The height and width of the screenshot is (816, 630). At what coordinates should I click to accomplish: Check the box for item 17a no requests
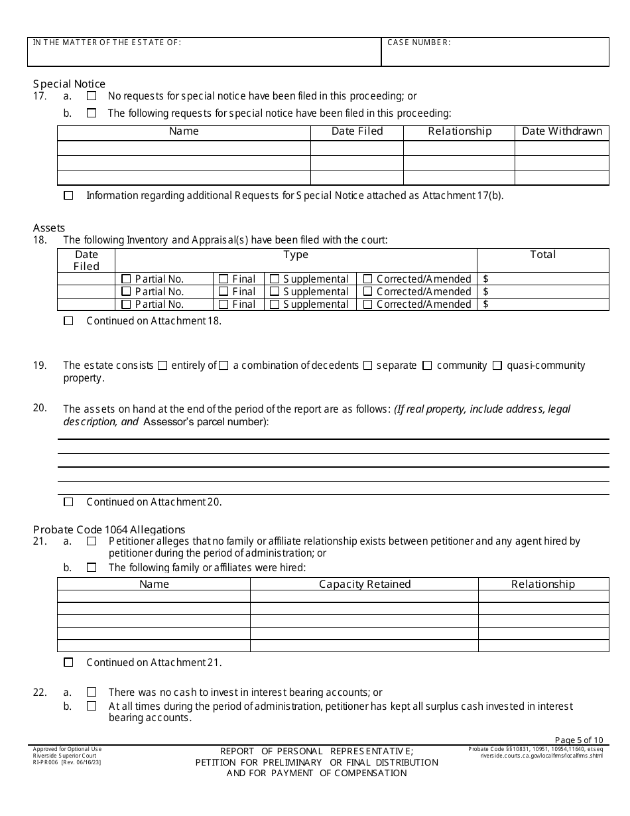92,96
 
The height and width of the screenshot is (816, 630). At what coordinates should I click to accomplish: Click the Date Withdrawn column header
562,131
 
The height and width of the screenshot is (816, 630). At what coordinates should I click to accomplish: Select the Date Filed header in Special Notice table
357,131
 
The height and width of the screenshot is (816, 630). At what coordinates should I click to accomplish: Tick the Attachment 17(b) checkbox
68,196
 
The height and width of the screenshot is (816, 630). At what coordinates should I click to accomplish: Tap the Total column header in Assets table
542,255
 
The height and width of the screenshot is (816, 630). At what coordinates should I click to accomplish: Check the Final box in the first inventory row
223,279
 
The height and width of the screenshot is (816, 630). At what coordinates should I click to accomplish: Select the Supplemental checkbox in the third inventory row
275,305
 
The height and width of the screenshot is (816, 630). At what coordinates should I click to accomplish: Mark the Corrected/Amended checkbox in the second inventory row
367,292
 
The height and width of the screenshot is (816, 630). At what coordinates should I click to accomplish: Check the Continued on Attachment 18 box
68,321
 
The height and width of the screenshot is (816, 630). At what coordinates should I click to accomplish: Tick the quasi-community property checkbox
497,366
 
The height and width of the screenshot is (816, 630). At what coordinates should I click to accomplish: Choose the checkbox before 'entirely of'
162,366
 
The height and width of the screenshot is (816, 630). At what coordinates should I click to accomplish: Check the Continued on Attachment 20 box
68,502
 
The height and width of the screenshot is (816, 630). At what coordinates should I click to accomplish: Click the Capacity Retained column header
365,584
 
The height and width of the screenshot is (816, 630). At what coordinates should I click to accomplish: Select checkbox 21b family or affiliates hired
92,568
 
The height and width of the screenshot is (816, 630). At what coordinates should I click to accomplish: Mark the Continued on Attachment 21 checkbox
68,663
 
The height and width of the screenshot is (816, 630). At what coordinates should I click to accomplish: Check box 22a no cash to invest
92,693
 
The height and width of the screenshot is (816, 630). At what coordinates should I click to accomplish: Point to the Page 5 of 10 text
578,740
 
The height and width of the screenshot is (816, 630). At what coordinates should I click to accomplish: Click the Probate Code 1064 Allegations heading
109,529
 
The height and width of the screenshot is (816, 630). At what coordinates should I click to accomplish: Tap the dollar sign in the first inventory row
486,279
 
